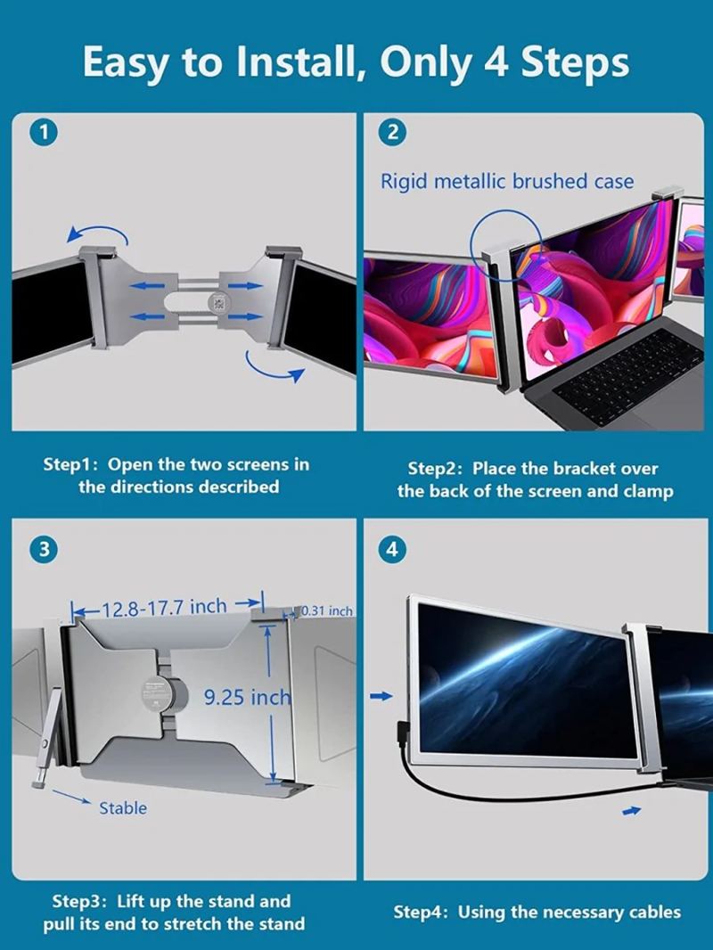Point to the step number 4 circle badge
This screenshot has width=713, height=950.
pyautogui.click(x=393, y=550)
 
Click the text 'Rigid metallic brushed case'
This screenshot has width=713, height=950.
pyautogui.click(x=507, y=182)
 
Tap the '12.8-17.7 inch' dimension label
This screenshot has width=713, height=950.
pyautogui.click(x=164, y=608)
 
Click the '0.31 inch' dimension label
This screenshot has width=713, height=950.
pyautogui.click(x=327, y=611)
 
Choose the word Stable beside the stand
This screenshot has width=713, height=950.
pyautogui.click(x=123, y=808)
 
